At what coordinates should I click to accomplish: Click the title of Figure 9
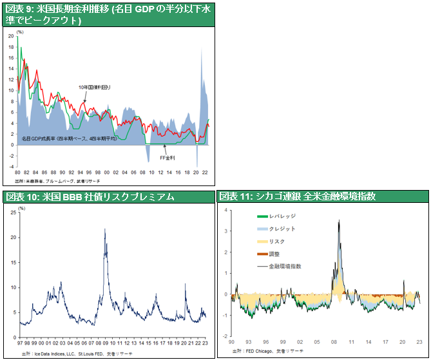(106, 14)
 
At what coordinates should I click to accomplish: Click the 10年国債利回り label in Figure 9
(95, 87)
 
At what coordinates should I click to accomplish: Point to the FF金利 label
(168, 157)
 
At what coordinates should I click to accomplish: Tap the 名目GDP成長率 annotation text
(68, 138)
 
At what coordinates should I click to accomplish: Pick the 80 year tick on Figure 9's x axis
(17, 173)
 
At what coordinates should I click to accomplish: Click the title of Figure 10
(90, 197)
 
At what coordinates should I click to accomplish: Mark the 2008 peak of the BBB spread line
(105, 229)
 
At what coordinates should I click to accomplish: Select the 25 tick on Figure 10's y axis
(21, 213)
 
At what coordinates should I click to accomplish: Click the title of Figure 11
(298, 197)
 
